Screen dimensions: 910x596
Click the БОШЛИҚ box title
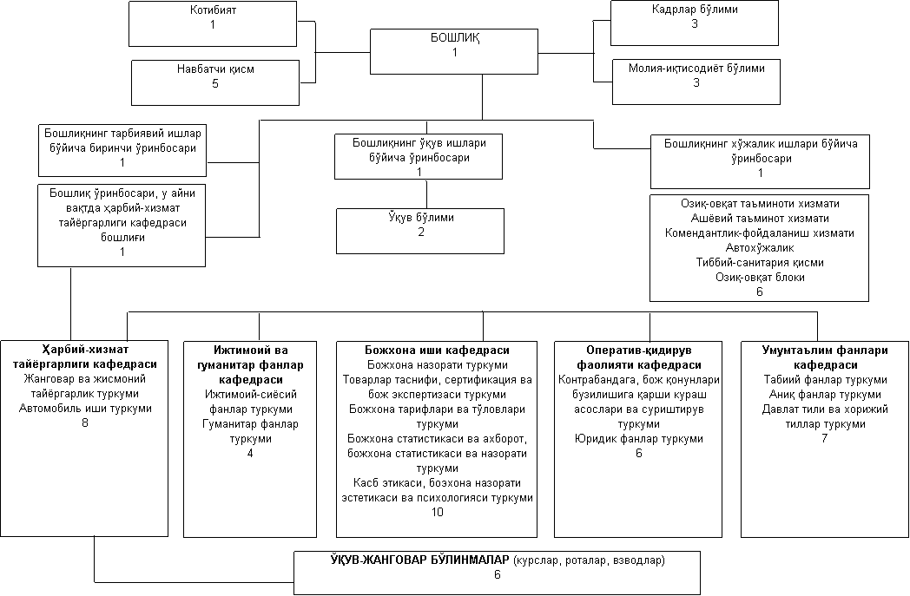click(454, 37)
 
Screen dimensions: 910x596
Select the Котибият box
click(213, 23)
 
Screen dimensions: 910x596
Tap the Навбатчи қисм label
click(215, 69)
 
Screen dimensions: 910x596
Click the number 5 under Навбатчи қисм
click(215, 83)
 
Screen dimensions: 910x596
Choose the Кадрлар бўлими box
click(694, 23)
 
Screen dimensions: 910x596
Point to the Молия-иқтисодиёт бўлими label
click(696, 68)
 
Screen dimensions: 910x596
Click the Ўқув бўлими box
click(420, 232)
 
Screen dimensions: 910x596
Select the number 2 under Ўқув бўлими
click(421, 232)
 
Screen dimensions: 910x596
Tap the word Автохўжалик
click(760, 247)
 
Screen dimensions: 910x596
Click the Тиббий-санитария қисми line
click(760, 262)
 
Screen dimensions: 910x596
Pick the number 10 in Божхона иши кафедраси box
click(437, 512)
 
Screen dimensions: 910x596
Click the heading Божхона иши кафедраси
click(437, 350)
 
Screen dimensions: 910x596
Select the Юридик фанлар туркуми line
click(638, 438)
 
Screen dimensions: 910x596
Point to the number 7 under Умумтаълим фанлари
click(825, 438)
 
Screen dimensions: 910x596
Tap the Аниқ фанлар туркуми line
click(825, 394)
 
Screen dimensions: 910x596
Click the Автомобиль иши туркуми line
click(85, 408)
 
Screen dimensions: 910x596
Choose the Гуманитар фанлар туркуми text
click(250, 431)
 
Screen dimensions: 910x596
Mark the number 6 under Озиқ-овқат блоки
click(760, 291)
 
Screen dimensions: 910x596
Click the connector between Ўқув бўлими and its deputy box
click(427, 194)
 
